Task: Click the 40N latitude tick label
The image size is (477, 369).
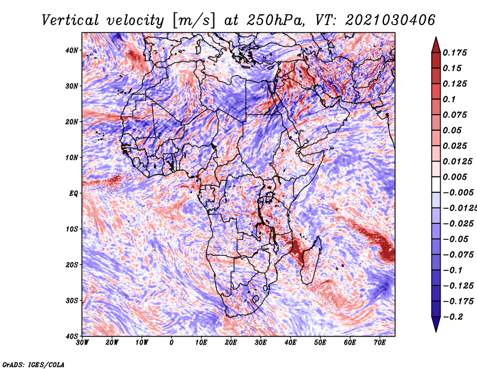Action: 72,50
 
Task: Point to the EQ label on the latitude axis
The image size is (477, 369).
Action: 73,193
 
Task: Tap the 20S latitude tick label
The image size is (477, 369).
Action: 72,265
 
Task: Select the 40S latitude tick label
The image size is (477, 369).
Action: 72,336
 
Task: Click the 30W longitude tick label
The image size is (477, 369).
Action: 82,343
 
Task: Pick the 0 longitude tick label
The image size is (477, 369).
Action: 172,343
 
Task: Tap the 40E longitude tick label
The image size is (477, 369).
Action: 290,343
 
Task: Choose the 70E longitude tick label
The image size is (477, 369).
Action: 380,343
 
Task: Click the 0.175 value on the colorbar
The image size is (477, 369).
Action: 455,53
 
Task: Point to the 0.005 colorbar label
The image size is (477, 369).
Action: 455,177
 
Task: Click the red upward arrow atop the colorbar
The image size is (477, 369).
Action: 436,45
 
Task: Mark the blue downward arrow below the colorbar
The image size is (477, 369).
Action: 436,324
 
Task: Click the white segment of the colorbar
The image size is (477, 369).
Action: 436,184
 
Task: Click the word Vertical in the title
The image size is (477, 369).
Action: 70,20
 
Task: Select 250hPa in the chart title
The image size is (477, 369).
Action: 275,20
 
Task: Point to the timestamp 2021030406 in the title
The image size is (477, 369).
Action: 391,20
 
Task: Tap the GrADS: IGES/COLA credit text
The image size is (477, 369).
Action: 33,364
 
